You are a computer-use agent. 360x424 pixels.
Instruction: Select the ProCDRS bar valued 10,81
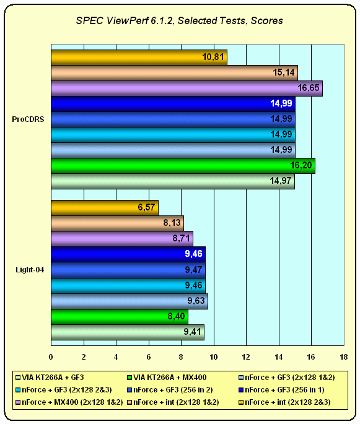139,58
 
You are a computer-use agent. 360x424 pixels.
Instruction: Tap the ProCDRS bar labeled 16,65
187,88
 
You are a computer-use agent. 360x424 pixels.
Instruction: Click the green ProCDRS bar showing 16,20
183,165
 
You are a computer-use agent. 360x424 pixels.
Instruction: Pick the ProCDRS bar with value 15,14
174,73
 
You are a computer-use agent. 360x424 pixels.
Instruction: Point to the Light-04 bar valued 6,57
105,208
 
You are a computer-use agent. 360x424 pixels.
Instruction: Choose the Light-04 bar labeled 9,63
130,301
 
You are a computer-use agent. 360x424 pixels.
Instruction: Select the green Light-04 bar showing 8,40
120,317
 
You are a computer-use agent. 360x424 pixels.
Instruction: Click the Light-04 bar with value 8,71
122,239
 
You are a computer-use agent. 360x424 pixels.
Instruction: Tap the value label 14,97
281,181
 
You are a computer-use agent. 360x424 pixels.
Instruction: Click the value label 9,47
193,270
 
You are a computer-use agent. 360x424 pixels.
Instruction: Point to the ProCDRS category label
28,119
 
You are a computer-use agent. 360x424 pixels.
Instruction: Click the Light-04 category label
30,270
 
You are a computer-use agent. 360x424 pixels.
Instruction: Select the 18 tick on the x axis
344,357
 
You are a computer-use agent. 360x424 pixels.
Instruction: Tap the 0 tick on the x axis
51,357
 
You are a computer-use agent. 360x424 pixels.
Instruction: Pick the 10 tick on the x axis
214,357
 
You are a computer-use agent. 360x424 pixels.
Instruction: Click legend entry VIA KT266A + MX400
167,378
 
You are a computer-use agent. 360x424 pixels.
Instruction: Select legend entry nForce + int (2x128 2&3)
284,402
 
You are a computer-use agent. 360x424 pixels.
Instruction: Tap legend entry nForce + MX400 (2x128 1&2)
69,402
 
